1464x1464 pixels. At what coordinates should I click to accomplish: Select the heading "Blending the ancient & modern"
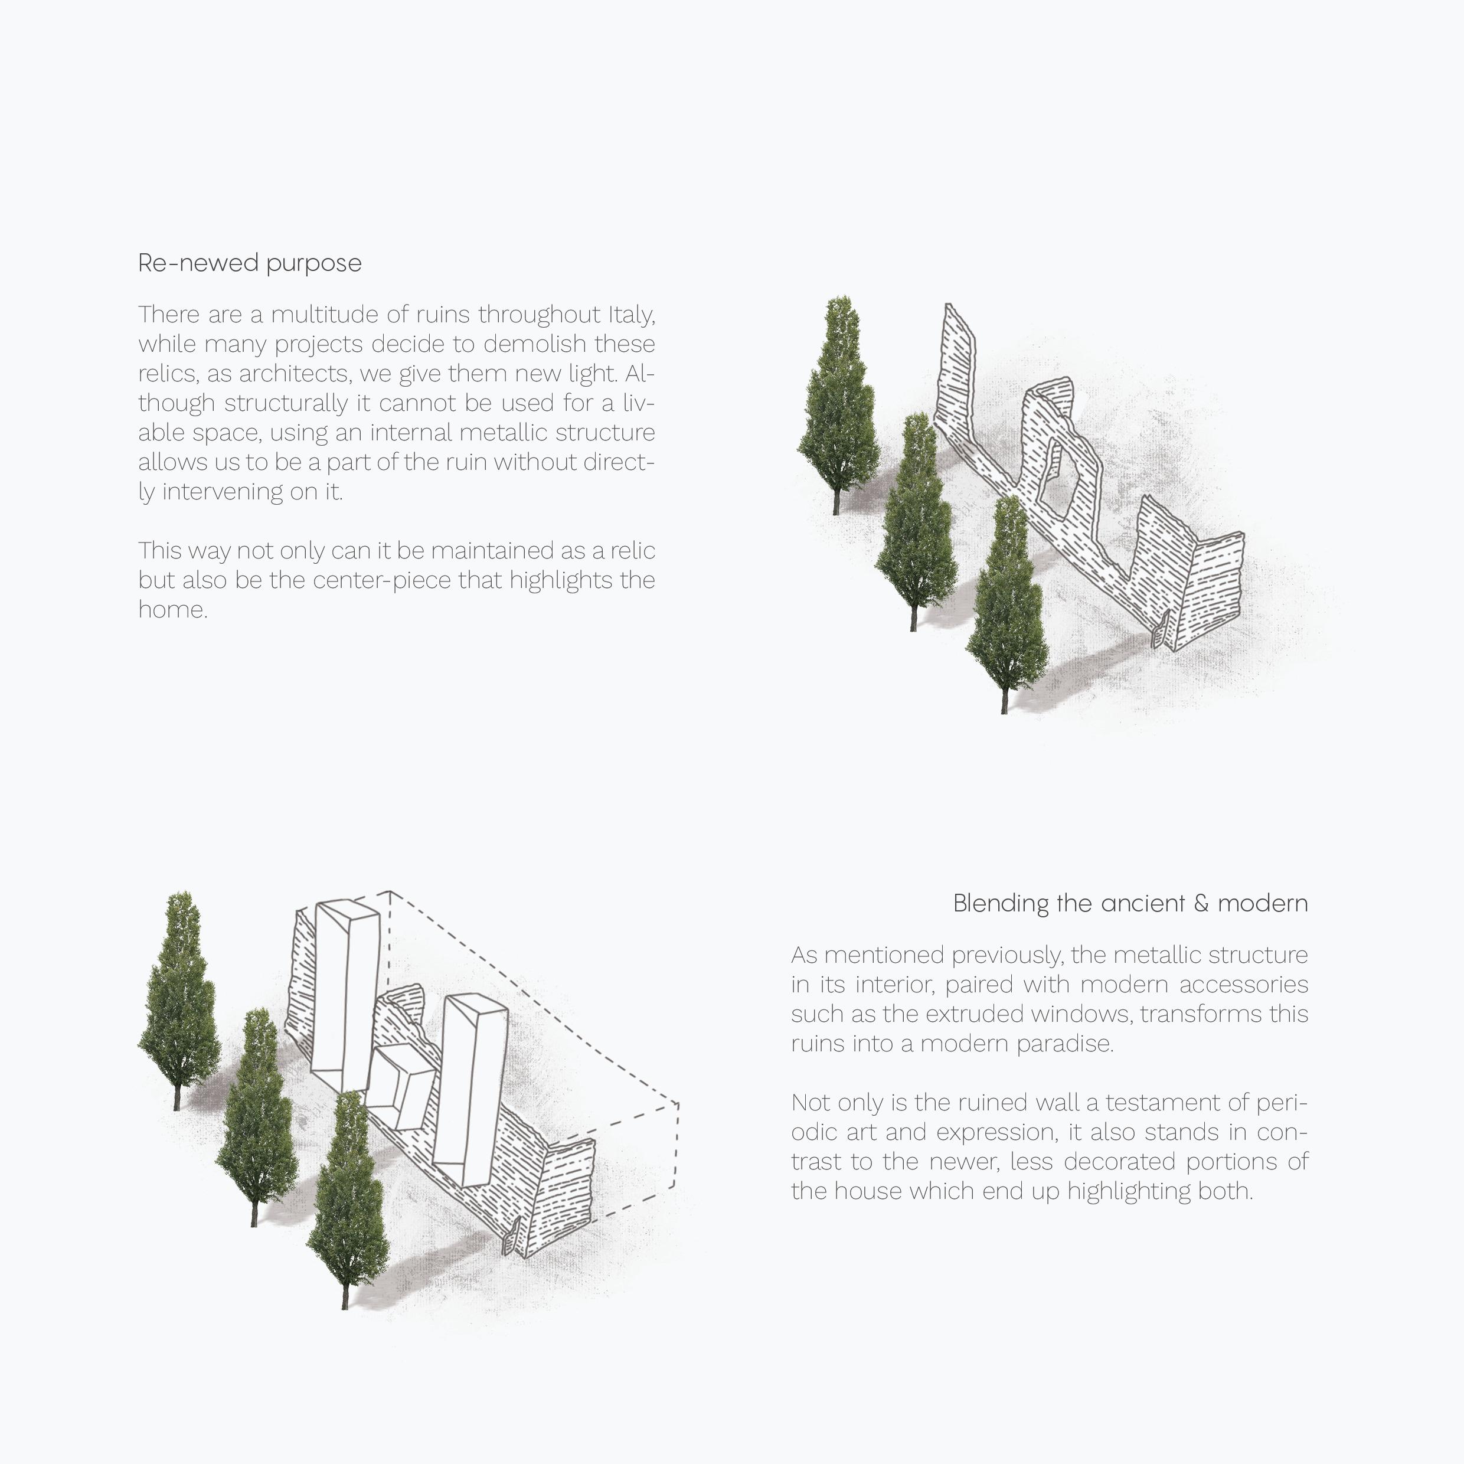pos(1130,903)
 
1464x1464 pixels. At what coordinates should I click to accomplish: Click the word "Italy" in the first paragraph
pos(630,315)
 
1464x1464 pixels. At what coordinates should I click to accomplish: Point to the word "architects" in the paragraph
pos(295,374)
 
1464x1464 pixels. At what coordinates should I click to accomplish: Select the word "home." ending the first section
pos(173,610)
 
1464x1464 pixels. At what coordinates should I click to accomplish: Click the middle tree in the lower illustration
pos(257,1114)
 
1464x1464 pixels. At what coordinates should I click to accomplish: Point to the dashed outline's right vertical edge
pos(677,1144)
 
